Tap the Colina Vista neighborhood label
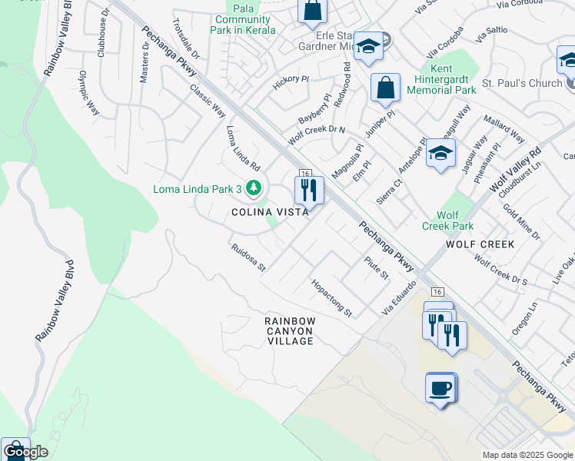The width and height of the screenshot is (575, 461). point(270,213)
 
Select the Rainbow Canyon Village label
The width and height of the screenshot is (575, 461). point(290,330)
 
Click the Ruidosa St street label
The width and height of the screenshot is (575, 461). point(248,258)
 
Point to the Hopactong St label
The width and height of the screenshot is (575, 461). point(331,298)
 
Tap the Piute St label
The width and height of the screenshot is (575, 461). point(377,269)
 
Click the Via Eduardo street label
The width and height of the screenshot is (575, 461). point(399,297)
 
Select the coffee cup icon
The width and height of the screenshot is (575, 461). point(440,388)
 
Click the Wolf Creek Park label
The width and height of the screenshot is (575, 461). point(447,221)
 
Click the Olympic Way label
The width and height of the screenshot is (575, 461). point(89,93)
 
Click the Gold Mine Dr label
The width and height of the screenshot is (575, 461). point(521,221)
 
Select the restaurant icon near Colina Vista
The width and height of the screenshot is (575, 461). point(309,189)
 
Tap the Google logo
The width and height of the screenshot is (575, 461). point(25,451)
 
